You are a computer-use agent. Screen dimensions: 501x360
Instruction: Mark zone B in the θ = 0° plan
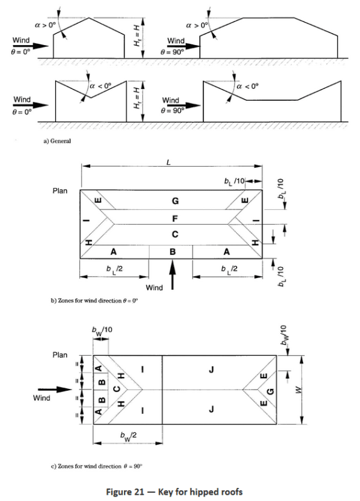point(172,251)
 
